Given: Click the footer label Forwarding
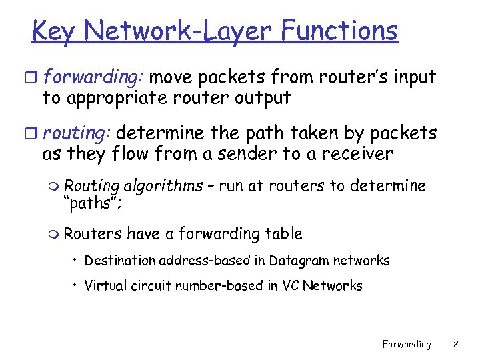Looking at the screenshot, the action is tap(406, 345).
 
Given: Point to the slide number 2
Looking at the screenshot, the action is tap(455, 345).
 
